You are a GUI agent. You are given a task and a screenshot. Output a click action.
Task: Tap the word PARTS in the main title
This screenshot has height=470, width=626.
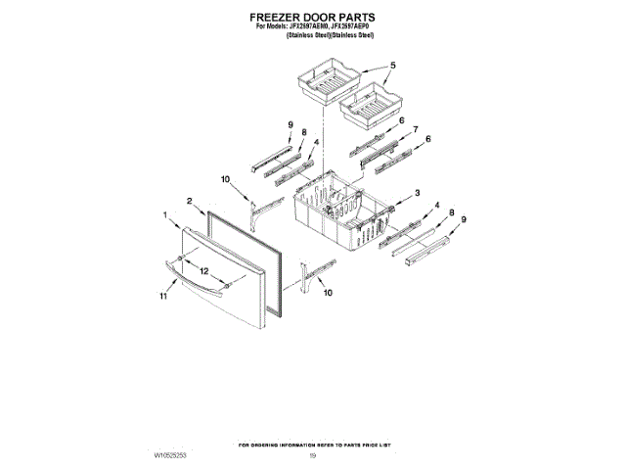pyautogui.click(x=356, y=18)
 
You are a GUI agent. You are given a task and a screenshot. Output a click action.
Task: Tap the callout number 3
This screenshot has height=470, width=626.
pyautogui.click(x=418, y=193)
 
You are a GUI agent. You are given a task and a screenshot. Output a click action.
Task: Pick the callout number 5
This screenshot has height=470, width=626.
pyautogui.click(x=392, y=66)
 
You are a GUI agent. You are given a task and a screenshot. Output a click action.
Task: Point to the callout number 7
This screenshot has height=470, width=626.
pyautogui.click(x=416, y=129)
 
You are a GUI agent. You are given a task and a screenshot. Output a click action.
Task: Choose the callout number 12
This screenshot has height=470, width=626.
pyautogui.click(x=203, y=270)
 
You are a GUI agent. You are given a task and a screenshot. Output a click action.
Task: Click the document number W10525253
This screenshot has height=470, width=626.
pyautogui.click(x=171, y=456)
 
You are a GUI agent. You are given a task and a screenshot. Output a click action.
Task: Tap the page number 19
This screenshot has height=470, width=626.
pyautogui.click(x=313, y=456)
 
